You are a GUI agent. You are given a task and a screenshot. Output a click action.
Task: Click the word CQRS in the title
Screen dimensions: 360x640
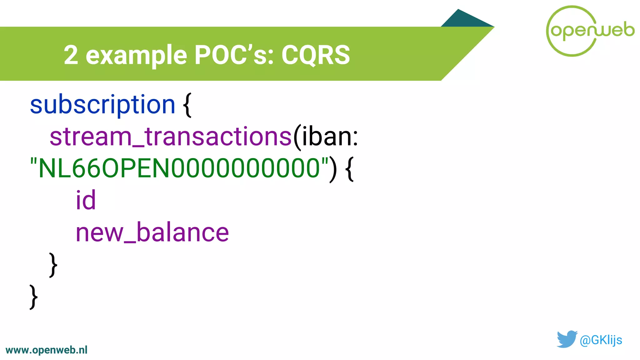tap(316, 55)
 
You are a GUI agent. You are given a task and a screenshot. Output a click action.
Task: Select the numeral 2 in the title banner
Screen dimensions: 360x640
tap(71, 55)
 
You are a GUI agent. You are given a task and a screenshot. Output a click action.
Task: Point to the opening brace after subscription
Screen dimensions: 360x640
tap(187, 105)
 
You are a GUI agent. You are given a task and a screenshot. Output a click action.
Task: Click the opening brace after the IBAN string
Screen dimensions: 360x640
tap(350, 169)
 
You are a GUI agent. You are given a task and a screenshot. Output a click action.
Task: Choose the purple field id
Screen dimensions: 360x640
tap(86, 200)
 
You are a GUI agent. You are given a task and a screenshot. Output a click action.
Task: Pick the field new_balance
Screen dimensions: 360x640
tap(152, 232)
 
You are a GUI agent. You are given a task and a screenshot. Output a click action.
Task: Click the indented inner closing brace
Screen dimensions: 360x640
tap(53, 265)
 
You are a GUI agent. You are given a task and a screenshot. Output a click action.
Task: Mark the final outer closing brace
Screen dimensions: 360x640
tap(33, 297)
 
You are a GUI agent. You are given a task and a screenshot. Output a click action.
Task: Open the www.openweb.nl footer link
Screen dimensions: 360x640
tap(47, 350)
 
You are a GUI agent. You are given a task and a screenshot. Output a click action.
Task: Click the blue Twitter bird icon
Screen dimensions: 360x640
tap(567, 339)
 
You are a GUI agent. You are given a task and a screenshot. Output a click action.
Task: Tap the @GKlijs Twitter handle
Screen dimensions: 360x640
tap(601, 340)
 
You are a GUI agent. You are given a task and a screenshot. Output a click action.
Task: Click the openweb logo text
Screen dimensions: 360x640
tap(592, 31)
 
